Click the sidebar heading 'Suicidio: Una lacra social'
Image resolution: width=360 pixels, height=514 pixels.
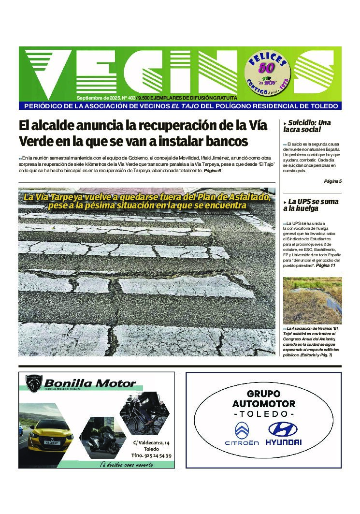point(308,126)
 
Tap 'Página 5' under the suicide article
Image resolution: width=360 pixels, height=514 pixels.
point(332,181)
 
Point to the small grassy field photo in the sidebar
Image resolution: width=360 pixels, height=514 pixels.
point(312,300)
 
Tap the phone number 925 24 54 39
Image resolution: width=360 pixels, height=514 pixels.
point(152,455)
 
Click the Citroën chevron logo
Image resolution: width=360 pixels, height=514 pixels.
point(242,429)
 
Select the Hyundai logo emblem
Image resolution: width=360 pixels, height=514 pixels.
point(283,429)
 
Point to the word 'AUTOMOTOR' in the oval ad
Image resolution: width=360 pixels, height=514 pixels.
point(263,404)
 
